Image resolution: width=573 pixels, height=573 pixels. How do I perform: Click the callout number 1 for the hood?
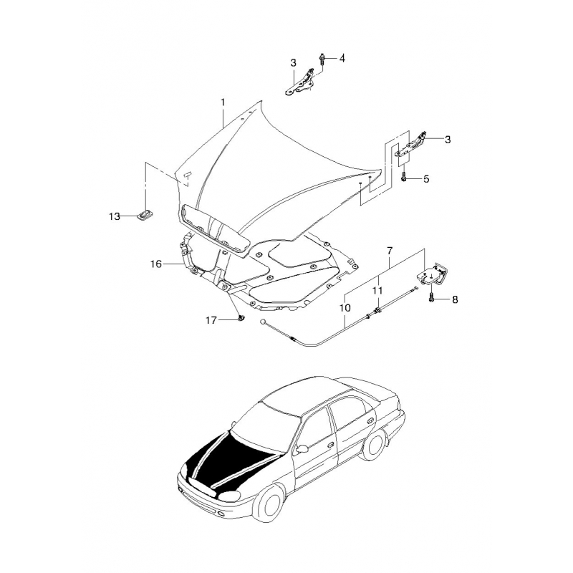pos(223,102)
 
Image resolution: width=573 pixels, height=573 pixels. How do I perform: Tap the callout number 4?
pos(342,58)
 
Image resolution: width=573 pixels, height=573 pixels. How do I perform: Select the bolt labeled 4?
pos(322,59)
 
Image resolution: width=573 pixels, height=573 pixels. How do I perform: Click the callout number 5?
pos(426,179)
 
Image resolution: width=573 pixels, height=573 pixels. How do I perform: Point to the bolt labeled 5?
pos(403,177)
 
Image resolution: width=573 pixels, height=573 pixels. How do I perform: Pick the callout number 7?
pos(390,251)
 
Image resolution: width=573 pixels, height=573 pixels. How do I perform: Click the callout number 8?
pos(455,299)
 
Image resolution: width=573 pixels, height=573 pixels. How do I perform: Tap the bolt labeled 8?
pos(432,297)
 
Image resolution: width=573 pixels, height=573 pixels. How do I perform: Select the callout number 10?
pos(345,308)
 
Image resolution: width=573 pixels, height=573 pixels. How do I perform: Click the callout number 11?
pos(377,291)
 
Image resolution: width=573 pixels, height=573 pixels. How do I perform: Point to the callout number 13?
pos(115,217)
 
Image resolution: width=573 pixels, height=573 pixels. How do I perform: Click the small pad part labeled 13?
pos(145,216)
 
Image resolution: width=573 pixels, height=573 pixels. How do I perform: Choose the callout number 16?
pos(156,264)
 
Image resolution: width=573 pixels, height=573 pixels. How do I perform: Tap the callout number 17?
pos(211,320)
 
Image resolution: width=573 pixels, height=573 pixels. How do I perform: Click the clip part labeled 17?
pos(241,319)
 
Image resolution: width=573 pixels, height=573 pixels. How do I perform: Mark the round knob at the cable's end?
pos(263,322)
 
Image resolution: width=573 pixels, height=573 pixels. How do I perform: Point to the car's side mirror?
pos(302,449)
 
